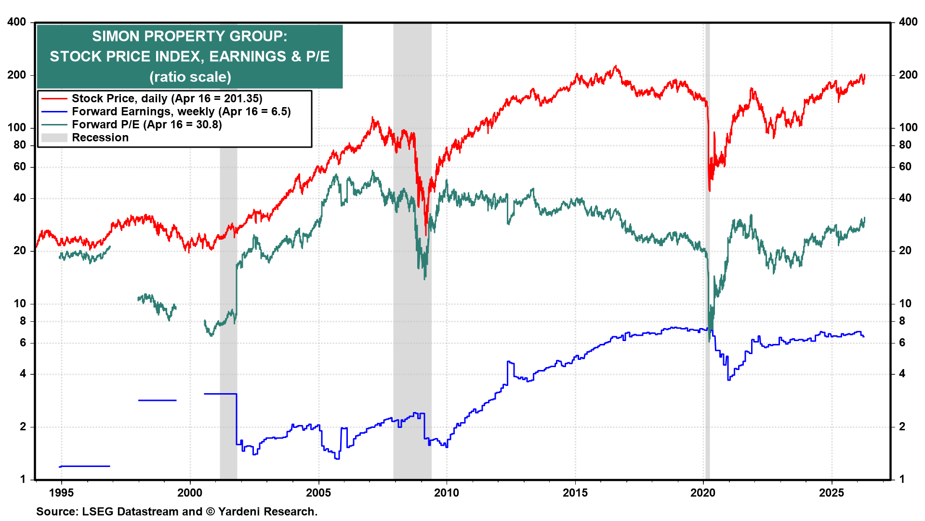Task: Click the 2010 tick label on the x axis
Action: pos(447,493)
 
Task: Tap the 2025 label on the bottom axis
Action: pos(832,493)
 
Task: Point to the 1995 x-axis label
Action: pos(61,493)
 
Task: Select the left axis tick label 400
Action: pos(17,22)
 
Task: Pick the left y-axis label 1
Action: pos(23,479)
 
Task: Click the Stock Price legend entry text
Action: pos(167,98)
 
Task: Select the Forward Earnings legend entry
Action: pos(181,111)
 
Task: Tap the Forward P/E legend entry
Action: pos(146,124)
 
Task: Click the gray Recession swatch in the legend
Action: pos(54,137)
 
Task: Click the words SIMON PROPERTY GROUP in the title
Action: pos(189,36)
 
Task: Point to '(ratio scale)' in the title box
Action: pos(190,77)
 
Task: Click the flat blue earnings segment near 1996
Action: pos(85,466)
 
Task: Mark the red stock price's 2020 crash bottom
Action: pos(710,191)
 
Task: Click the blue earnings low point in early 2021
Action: pos(728,380)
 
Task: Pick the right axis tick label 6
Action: pos(902,343)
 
